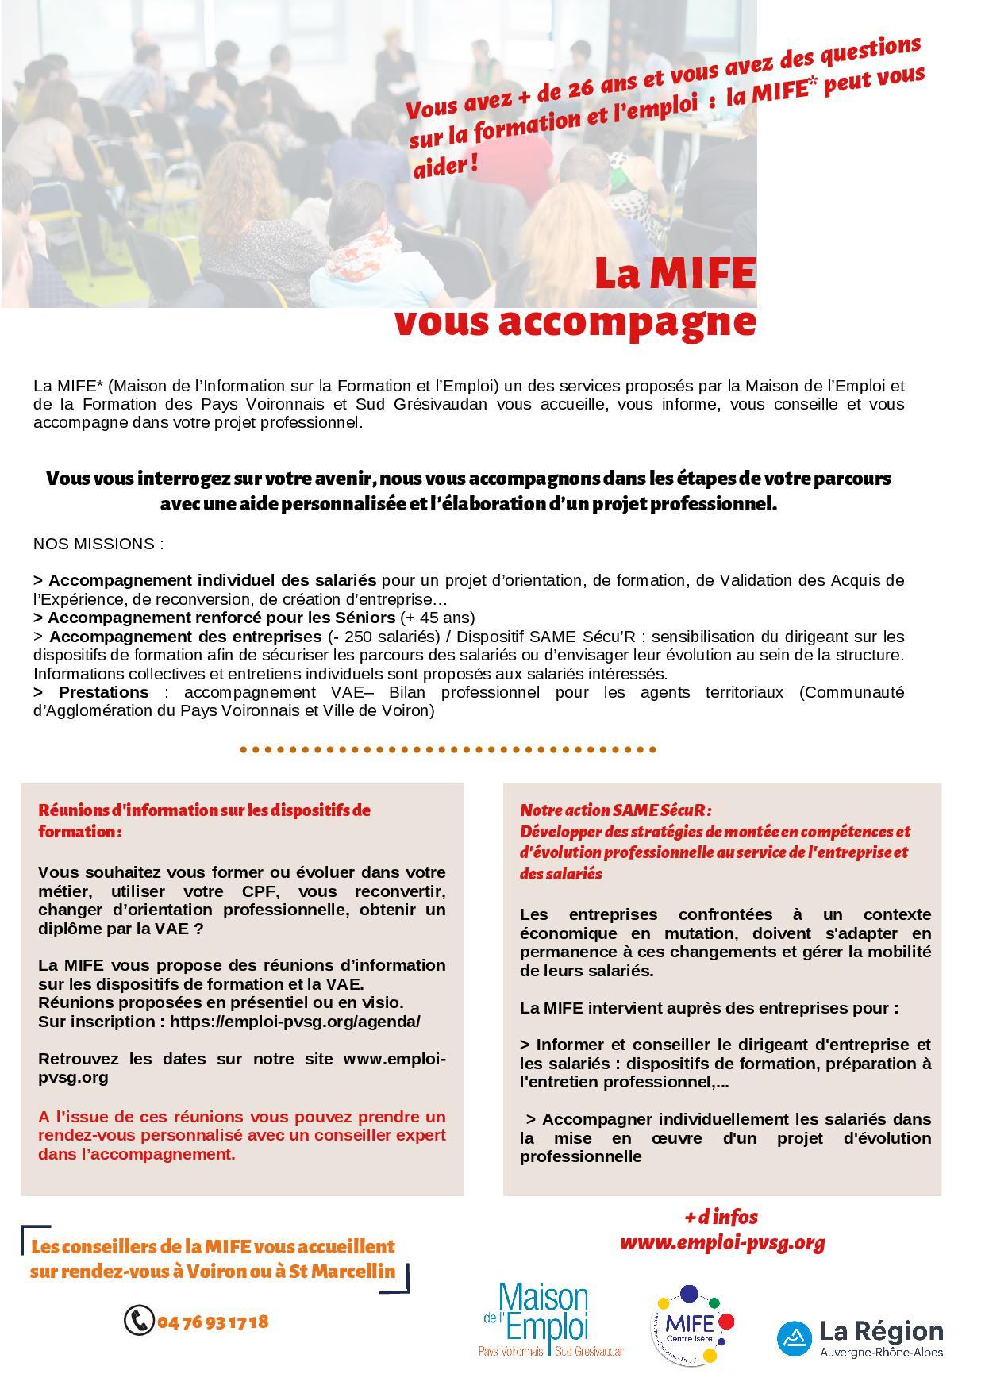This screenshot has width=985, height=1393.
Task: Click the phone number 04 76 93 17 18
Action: (x=213, y=1322)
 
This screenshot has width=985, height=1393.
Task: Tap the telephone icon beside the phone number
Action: (x=138, y=1320)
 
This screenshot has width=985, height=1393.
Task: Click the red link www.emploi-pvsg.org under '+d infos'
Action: (x=722, y=1242)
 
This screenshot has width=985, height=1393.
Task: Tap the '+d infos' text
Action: (x=721, y=1217)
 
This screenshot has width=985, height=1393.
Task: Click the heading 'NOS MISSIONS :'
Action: (x=98, y=544)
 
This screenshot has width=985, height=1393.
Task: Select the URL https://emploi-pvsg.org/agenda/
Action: (x=295, y=1022)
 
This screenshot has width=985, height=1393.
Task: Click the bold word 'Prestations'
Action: (x=103, y=692)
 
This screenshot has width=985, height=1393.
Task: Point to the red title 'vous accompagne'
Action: (x=575, y=322)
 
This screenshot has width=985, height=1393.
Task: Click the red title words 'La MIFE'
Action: (x=675, y=274)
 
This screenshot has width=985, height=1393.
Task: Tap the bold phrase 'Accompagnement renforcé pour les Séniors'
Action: (x=221, y=618)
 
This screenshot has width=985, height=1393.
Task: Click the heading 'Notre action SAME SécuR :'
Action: (x=616, y=810)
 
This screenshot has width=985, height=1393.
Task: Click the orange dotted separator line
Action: (x=448, y=749)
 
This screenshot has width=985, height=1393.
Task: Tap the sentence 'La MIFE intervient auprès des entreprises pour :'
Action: (x=709, y=1008)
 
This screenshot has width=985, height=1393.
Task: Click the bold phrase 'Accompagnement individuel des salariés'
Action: (x=212, y=580)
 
